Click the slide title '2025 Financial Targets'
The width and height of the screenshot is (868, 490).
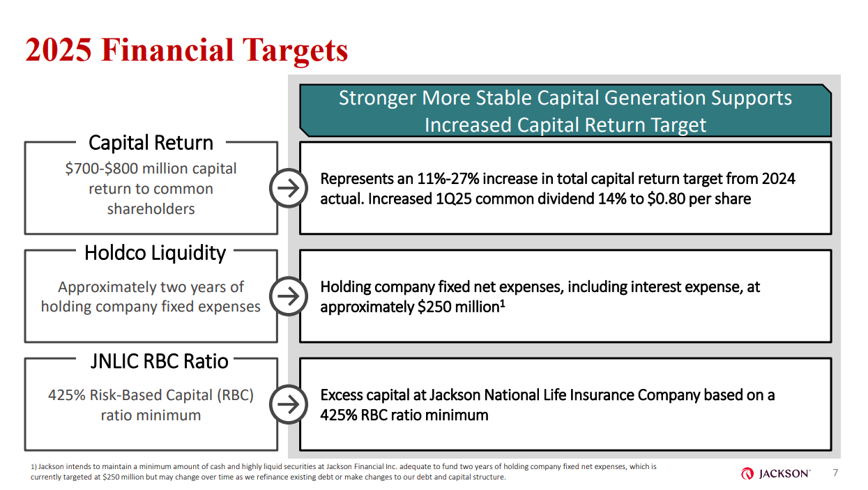tap(186, 50)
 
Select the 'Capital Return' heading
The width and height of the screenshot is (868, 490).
tap(151, 143)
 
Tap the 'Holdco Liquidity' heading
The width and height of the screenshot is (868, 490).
tap(155, 252)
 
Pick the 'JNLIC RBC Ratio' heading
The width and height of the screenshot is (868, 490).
tap(159, 361)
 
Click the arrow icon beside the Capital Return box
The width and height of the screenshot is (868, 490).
tap(288, 188)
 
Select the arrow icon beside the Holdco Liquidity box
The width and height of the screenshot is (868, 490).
tap(288, 297)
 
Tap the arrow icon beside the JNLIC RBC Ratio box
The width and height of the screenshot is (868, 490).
tap(288, 405)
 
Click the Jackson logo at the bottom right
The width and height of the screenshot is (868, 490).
tap(776, 474)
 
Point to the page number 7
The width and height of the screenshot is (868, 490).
tap(836, 473)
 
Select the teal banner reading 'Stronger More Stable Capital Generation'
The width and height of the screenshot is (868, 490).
tap(565, 111)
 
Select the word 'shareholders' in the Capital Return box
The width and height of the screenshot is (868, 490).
tap(151, 209)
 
